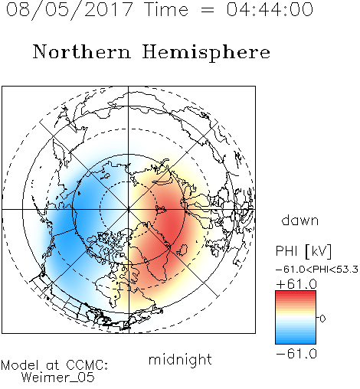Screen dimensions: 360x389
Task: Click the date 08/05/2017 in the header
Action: coord(70,10)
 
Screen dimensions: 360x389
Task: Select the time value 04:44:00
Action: coord(270,9)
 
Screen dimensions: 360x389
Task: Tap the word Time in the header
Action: coord(166,9)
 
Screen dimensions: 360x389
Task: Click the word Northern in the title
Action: coord(82,51)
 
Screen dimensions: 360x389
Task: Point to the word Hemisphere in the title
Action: coord(206,53)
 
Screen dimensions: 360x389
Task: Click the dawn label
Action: coord(300,220)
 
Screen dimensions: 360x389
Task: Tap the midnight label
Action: coord(180,359)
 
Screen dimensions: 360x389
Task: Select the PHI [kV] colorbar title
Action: coord(303,251)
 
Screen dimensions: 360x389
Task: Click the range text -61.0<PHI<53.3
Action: coord(317,270)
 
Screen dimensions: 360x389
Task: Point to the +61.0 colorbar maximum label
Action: coord(296,284)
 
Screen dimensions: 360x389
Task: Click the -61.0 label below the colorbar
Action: coord(296,354)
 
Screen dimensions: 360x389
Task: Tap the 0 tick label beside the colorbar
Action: coord(322,319)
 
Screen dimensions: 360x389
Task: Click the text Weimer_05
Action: coord(58,378)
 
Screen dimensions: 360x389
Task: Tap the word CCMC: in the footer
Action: coord(87,365)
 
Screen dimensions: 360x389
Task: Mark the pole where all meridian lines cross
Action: coord(129,209)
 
